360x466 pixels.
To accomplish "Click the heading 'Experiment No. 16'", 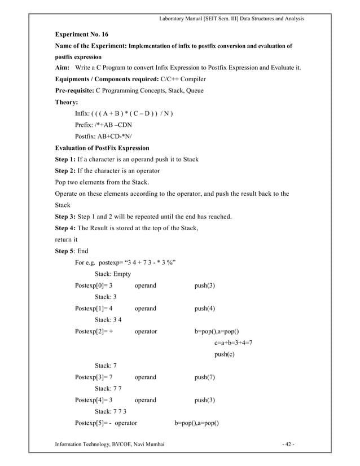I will coord(81,34).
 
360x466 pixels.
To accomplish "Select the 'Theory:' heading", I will coord(66,103).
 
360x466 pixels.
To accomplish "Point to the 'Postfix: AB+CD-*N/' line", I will coord(104,137).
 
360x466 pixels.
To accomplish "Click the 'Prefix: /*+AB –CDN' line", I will coord(104,125).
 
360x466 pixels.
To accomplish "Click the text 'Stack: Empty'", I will coord(113,274).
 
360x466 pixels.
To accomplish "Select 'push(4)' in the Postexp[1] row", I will coord(204,309).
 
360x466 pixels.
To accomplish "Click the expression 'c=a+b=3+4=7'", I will coord(234,343).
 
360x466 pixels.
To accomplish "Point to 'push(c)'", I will coord(225,354).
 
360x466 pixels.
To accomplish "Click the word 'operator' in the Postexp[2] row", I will coord(146,332).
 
